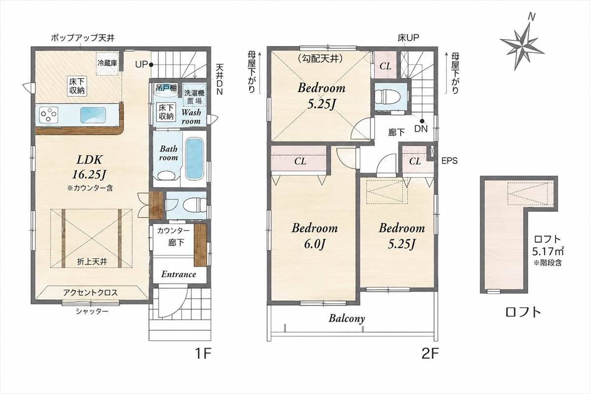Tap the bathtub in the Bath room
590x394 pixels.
pyautogui.click(x=194, y=159)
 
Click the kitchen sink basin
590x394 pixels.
pyautogui.click(x=93, y=115)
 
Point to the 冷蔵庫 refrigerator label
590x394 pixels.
pyautogui.click(x=107, y=64)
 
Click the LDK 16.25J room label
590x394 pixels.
pyautogui.click(x=89, y=167)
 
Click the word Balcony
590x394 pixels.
pyautogui.click(x=347, y=319)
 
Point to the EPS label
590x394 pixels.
pyautogui.click(x=449, y=161)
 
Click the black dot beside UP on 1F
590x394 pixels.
pyautogui.click(x=151, y=65)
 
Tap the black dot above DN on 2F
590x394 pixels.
pyautogui.click(x=422, y=121)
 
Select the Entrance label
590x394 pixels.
pyautogui.click(x=178, y=274)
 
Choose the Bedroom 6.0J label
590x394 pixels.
pyautogui.click(x=315, y=236)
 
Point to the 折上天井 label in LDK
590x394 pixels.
pyautogui.click(x=92, y=262)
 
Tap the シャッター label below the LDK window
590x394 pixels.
pyautogui.click(x=92, y=311)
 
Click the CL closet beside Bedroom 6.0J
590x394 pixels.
pyautogui.click(x=299, y=160)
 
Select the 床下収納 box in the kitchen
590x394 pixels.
pyautogui.click(x=77, y=86)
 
